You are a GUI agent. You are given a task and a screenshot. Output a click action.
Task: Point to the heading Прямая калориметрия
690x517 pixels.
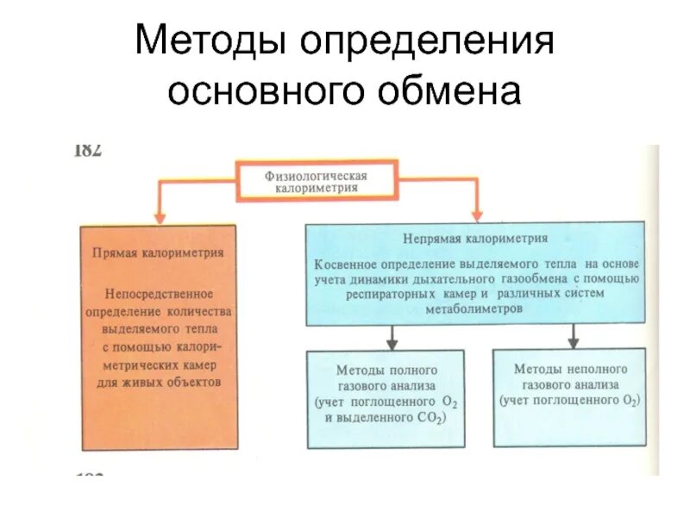(158, 253)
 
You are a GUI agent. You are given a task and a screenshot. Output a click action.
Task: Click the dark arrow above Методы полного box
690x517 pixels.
(392, 337)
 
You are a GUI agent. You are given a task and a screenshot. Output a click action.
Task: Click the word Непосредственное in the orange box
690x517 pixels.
(158, 292)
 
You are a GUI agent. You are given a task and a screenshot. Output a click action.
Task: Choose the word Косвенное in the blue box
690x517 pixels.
(345, 261)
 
